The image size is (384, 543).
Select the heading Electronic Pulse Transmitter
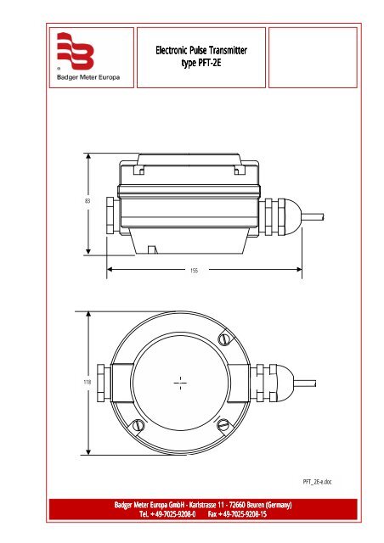click(x=200, y=52)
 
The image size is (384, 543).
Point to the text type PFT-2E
click(x=200, y=64)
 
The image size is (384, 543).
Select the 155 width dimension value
click(x=194, y=271)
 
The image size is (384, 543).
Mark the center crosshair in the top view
click(x=179, y=383)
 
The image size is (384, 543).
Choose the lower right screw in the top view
click(x=223, y=424)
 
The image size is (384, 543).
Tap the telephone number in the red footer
click(x=168, y=515)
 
